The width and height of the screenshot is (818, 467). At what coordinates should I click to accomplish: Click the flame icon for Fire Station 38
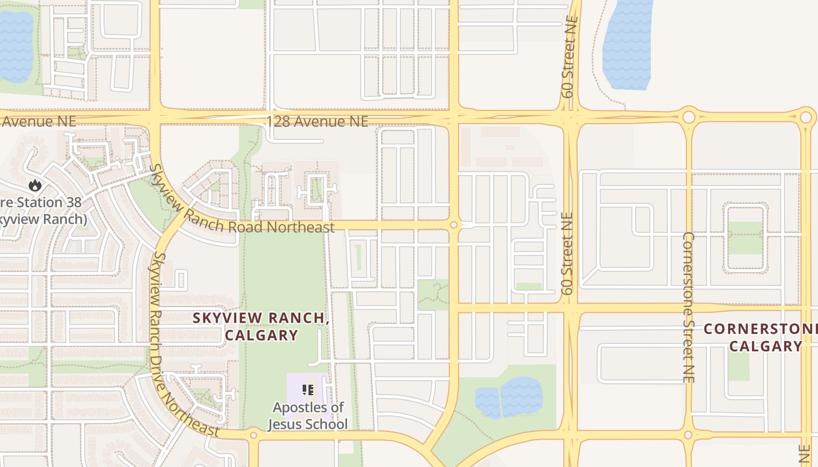[35, 186]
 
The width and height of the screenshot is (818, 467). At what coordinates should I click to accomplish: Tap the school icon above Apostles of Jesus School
[308, 389]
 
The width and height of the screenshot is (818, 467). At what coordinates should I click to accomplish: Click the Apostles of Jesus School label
[307, 416]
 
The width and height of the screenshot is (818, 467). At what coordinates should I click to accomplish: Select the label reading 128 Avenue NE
[317, 121]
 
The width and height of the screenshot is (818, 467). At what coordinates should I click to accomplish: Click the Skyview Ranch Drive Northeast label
[182, 344]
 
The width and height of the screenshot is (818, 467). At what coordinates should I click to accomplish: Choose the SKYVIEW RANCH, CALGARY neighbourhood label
[261, 326]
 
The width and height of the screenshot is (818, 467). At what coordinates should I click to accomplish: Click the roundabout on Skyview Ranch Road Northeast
[453, 225]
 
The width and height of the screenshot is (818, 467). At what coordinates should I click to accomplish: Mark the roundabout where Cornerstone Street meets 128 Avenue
[688, 117]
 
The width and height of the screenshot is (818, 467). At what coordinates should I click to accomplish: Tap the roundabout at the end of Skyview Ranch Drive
[253, 435]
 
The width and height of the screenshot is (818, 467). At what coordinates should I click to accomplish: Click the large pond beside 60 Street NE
[627, 44]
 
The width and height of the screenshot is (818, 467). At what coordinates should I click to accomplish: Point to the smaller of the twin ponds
[487, 402]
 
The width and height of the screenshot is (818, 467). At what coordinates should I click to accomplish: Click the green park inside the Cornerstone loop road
[745, 238]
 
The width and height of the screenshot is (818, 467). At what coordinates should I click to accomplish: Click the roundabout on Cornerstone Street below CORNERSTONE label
[688, 435]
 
